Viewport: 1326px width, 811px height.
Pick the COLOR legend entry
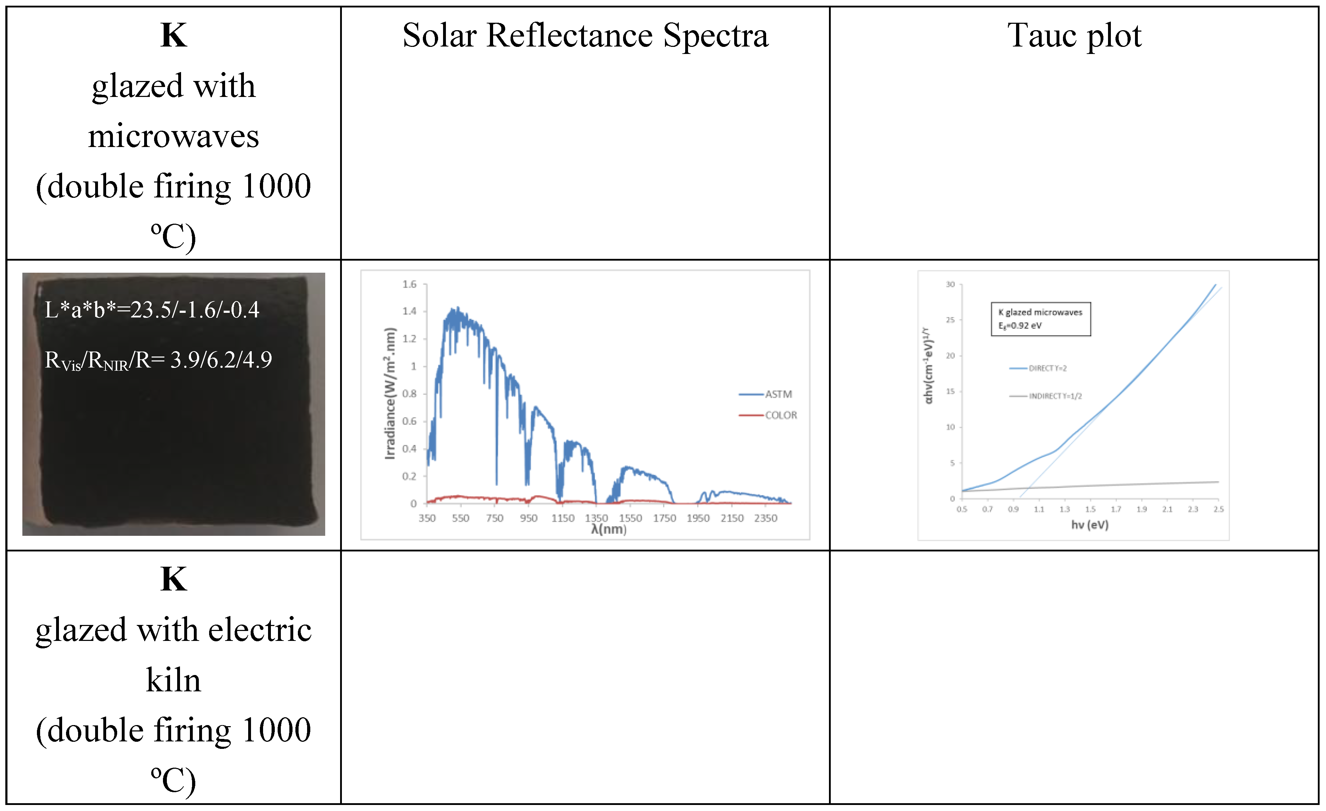coord(780,415)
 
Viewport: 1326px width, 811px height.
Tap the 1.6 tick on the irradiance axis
coord(410,284)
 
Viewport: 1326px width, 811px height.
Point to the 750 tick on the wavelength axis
coord(495,518)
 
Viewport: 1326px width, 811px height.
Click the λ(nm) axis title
coord(609,529)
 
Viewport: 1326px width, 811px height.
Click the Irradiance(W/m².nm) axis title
coord(390,393)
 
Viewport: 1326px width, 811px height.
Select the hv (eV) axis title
coord(1090,525)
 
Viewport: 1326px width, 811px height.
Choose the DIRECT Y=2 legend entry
coord(1047,369)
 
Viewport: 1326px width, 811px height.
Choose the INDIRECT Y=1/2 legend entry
coord(1055,396)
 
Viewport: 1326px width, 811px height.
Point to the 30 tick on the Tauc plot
coord(950,284)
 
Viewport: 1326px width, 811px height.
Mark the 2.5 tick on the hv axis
coord(1218,509)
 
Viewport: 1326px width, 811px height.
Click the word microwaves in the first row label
coord(173,136)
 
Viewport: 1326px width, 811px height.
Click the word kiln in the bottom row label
coord(173,680)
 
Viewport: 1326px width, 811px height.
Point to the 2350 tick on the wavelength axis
coord(765,518)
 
